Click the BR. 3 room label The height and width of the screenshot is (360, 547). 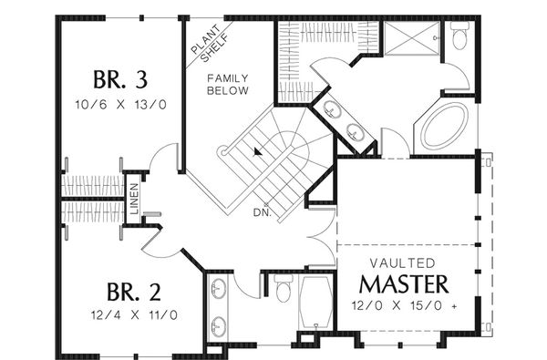pyautogui.click(x=120, y=79)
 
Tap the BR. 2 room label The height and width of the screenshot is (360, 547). pyautogui.click(x=134, y=292)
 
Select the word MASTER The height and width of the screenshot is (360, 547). pyautogui.click(x=404, y=284)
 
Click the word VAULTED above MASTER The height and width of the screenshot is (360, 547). pyautogui.click(x=403, y=263)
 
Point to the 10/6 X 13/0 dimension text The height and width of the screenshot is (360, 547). pyautogui.click(x=120, y=104)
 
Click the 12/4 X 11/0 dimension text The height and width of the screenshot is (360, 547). pyautogui.click(x=134, y=315)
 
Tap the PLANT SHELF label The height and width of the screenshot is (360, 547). pyautogui.click(x=210, y=44)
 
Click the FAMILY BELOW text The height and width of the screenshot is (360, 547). pyautogui.click(x=228, y=85)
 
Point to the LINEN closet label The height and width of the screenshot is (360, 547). pyautogui.click(x=134, y=199)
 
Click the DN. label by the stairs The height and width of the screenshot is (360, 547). pyautogui.click(x=263, y=212)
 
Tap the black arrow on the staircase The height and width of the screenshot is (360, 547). pyautogui.click(x=257, y=151)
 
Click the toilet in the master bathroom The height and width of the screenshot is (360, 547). pyautogui.click(x=459, y=36)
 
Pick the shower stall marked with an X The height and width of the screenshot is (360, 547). pyautogui.click(x=411, y=37)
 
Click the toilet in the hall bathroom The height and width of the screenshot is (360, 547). pyautogui.click(x=284, y=288)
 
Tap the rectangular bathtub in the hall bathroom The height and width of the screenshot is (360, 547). pyautogui.click(x=315, y=303)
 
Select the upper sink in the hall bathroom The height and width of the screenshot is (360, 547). pyautogui.click(x=219, y=288)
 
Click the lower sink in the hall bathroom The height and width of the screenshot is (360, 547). pyautogui.click(x=219, y=326)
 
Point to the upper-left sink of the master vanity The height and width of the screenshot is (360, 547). pyautogui.click(x=332, y=108)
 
